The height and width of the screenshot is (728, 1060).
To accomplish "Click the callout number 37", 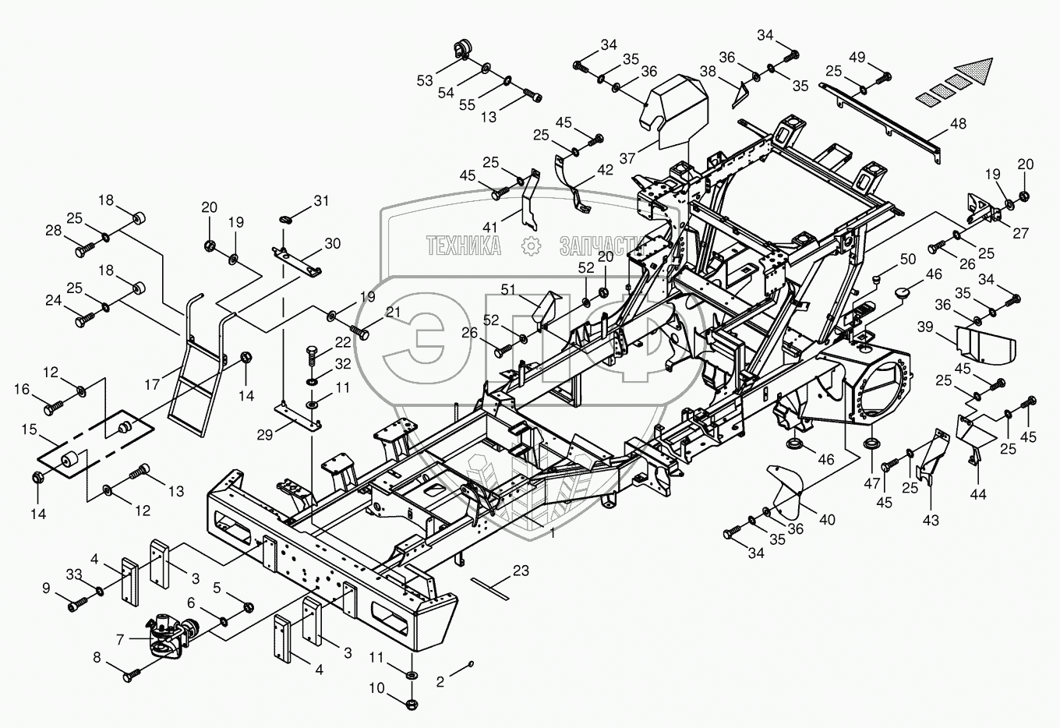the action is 627,158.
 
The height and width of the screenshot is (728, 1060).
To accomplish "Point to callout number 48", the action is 958,124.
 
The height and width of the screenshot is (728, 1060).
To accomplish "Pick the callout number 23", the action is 521,571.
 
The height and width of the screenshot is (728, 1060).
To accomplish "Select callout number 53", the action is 425,80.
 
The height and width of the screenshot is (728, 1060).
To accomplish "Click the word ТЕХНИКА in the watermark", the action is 463,246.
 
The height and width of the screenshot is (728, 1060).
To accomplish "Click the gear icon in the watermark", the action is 531,246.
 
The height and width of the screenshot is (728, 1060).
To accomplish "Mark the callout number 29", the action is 264,434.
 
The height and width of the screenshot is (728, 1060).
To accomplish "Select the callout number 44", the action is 977,494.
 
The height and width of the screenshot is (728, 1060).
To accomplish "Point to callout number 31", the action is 321,200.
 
